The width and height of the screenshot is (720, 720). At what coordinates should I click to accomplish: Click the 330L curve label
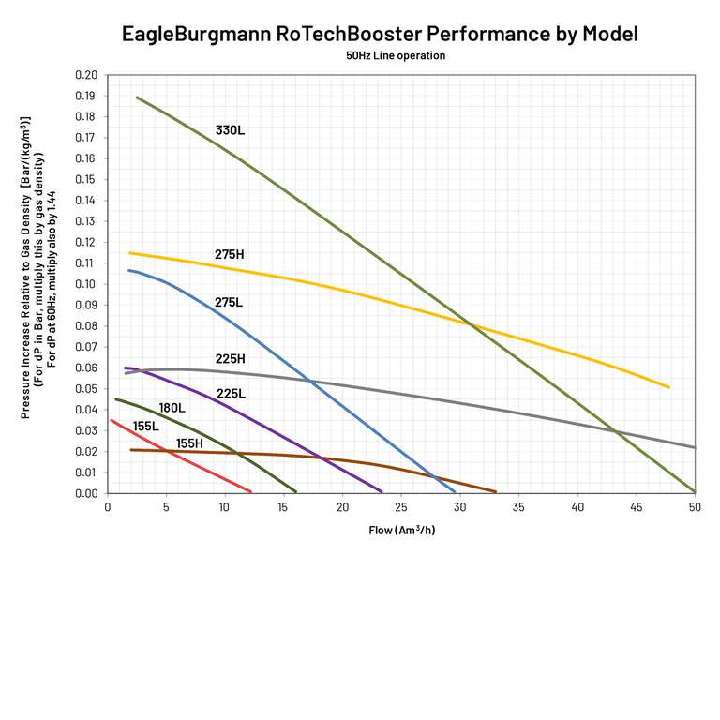(229, 130)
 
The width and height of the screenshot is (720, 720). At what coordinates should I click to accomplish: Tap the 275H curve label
(229, 254)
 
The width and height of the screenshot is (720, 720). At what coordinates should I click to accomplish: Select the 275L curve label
(229, 303)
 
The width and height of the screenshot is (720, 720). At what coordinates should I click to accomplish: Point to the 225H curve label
(230, 358)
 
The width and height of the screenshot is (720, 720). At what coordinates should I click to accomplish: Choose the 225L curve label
(231, 394)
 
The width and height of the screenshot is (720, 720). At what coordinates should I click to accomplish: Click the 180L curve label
(172, 408)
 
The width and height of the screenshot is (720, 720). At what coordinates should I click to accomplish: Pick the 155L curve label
(145, 427)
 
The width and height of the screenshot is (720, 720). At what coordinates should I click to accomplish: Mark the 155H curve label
(189, 443)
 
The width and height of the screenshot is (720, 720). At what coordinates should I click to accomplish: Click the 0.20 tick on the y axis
(86, 75)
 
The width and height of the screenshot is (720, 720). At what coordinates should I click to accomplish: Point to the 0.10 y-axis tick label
(86, 284)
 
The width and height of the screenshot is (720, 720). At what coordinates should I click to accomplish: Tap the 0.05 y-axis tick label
(86, 388)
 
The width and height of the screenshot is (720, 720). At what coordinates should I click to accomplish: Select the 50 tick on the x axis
(695, 507)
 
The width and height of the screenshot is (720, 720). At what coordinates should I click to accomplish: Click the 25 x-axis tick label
(401, 507)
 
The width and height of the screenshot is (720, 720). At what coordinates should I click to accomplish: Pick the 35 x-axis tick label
(518, 507)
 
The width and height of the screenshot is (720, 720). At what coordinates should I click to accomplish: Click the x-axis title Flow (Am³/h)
(401, 530)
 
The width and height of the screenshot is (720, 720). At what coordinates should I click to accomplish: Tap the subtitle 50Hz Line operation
(395, 56)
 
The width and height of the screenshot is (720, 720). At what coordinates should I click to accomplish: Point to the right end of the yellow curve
(669, 387)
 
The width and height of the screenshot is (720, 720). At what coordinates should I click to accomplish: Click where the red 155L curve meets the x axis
(251, 491)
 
